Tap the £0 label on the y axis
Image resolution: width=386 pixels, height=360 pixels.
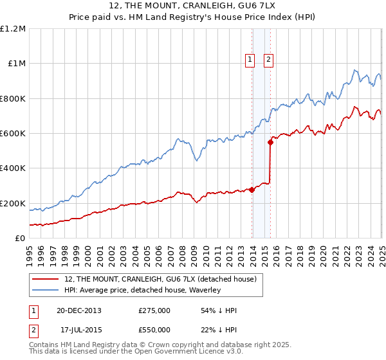click(21, 239)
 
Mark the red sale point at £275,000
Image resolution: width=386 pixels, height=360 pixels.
click(252, 190)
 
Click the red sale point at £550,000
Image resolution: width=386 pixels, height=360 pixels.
click(271, 142)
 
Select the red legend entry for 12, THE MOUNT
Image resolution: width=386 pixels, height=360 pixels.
click(160, 279)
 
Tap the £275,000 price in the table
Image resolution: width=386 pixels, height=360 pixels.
click(154, 310)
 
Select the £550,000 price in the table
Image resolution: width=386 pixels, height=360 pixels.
click(154, 330)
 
